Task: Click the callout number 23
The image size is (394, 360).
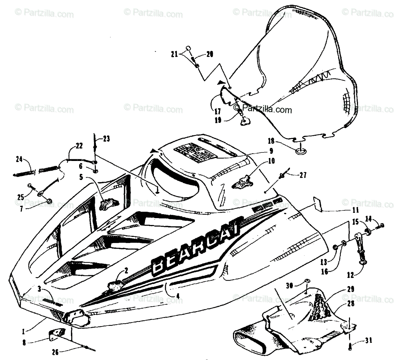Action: click(106, 139)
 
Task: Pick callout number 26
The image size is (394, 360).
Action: click(55, 352)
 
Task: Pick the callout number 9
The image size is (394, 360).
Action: click(271, 151)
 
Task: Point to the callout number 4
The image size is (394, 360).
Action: click(178, 296)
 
